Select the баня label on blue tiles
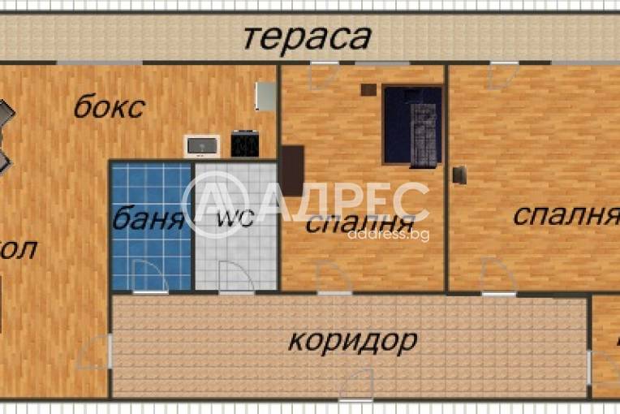149,219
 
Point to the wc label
234,219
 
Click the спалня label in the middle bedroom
355,223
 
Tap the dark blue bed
413,126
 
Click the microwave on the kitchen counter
201,145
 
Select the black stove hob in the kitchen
244,144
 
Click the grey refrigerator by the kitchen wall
265,96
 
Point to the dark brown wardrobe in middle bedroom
291,170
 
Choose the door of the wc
235,277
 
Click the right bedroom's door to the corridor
497,276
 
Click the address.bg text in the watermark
388,235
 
